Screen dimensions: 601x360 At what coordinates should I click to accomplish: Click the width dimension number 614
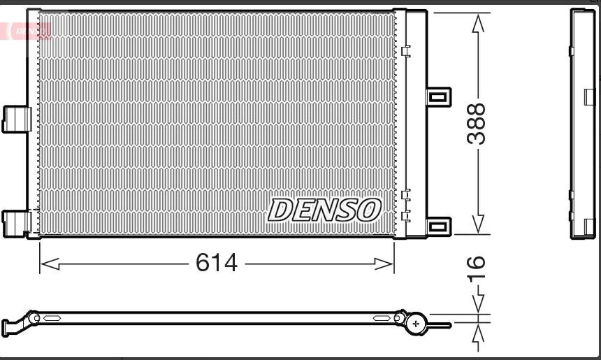click(217, 263)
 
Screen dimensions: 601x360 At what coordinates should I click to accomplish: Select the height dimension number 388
click(476, 124)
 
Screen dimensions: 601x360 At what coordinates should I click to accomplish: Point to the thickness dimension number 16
click(476, 268)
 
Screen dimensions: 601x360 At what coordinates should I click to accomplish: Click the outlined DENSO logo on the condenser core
click(325, 210)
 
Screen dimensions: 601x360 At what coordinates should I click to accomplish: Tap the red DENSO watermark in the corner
click(25, 31)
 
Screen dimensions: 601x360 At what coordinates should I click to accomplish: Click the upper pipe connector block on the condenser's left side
click(17, 120)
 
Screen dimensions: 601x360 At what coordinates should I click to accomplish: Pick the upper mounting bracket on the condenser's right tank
click(439, 97)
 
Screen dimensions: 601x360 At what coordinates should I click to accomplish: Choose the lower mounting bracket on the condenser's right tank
click(439, 226)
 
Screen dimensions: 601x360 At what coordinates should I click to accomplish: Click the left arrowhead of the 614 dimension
click(50, 264)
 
